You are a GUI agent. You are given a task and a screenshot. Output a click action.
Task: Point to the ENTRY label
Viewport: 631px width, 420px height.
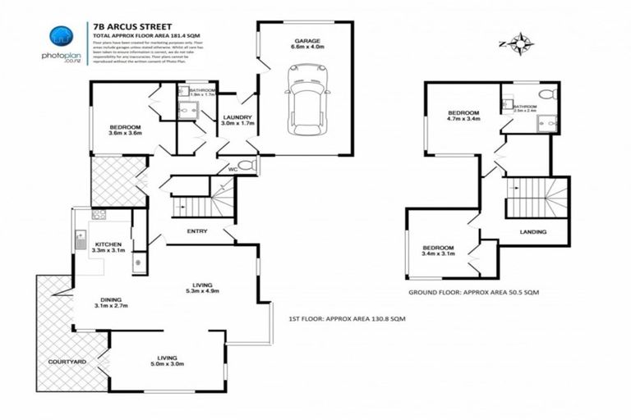pos(197,231)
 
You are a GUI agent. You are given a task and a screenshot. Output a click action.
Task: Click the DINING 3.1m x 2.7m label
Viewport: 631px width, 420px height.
pos(113,302)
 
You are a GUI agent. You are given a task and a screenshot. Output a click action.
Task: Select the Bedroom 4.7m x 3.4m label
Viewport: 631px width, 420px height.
pos(463,116)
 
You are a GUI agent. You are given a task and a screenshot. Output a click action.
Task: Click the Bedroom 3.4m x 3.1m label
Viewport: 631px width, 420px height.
pos(438,251)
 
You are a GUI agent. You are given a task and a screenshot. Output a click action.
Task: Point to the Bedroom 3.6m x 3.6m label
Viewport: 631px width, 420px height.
pos(126,130)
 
